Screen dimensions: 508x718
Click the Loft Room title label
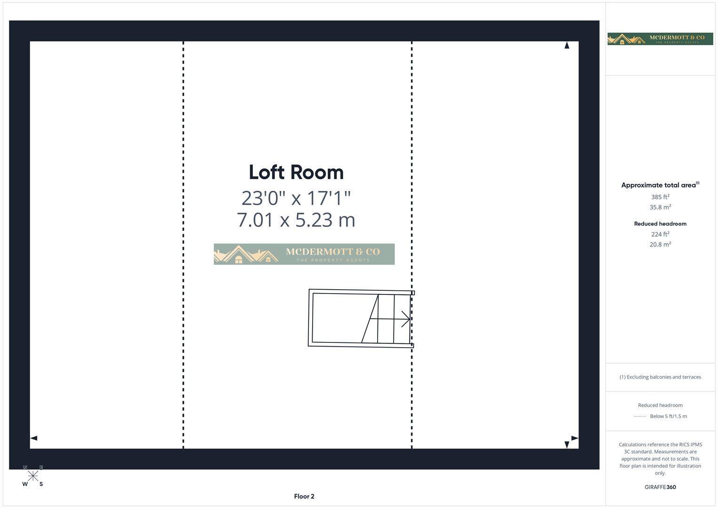click(x=296, y=172)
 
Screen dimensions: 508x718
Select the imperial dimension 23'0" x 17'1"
click(x=296, y=198)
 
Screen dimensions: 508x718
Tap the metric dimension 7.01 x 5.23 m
click(x=296, y=220)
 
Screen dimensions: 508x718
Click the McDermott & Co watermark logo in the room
click(x=304, y=254)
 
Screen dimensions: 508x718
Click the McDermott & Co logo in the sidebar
click(x=660, y=39)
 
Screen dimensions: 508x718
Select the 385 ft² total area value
click(x=660, y=197)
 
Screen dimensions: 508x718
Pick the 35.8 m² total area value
click(x=660, y=207)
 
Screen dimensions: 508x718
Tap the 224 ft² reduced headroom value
click(x=660, y=234)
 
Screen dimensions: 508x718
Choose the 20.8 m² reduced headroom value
click(x=660, y=244)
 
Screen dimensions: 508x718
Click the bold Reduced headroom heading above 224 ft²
click(x=660, y=223)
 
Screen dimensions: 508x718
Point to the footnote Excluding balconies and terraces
click(x=660, y=377)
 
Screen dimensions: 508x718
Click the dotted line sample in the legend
click(x=639, y=416)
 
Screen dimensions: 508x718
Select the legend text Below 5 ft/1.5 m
click(x=668, y=416)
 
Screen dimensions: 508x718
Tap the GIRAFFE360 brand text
click(x=660, y=487)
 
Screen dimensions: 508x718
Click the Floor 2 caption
click(x=304, y=496)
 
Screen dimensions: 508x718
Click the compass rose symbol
click(x=33, y=476)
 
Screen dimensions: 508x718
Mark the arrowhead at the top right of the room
click(x=567, y=45)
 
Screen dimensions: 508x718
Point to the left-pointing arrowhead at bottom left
click(x=34, y=438)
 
